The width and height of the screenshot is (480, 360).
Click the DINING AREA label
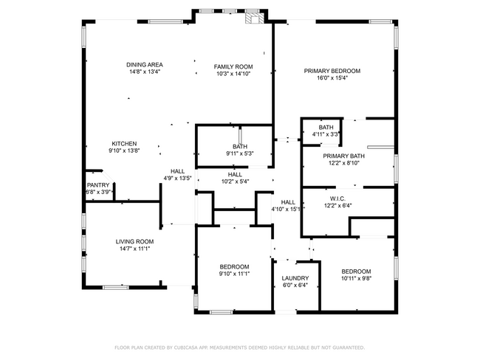pos(145,64)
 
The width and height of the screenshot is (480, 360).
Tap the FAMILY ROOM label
pos(233,66)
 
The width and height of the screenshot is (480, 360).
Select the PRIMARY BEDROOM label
pos(332,71)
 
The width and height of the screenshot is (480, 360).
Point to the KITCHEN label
pos(124,144)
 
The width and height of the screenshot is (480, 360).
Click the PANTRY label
pos(98,185)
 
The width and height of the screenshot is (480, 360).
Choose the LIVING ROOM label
pos(134,242)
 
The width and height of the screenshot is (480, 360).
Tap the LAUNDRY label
pos(295,278)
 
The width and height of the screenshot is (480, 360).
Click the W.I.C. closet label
pos(338,198)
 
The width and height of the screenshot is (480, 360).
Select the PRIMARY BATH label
pos(344,156)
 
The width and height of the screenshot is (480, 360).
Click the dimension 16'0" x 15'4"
pos(332,78)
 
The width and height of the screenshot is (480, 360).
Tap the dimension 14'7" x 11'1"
pos(134,249)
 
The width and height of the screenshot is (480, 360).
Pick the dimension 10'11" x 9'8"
pos(357,278)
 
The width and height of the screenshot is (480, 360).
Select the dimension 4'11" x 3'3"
pos(326,134)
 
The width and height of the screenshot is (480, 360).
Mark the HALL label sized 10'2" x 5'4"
pos(235,175)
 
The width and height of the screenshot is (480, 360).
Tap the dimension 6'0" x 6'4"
pos(295,285)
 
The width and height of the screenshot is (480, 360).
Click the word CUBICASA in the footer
pos(186,347)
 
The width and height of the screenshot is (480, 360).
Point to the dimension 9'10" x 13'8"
pos(124,150)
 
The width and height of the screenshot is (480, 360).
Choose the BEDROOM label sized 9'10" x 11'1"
pos(235,267)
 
